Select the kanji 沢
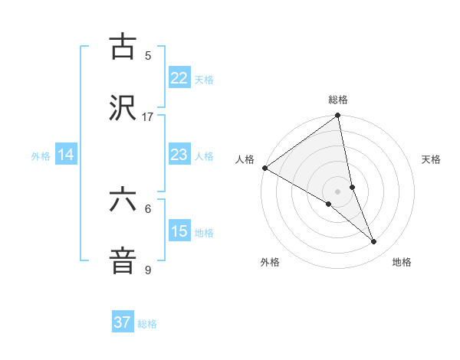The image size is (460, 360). coord(123,108)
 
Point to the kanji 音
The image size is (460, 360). coord(123,261)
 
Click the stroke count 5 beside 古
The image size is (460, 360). coord(148,55)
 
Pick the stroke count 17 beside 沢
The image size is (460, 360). coord(148,117)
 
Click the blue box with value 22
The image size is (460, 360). coord(179,78)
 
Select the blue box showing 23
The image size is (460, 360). coord(179,155)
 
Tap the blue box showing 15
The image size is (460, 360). coord(179,231)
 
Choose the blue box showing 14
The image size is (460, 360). coord(66,155)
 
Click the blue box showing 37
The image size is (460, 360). coord(123,322)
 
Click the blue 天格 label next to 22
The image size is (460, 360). coord(204,79)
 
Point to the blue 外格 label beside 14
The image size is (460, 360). coord(41,155)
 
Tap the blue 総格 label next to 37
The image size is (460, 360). coord(147,323)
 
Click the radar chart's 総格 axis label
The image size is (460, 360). coord(338,100)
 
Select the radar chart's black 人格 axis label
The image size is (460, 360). coord(245,159)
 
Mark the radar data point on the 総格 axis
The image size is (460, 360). coord(338,117)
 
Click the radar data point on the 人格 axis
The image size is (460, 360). coord(264,168)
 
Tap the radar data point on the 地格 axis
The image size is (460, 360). coord(374,242)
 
